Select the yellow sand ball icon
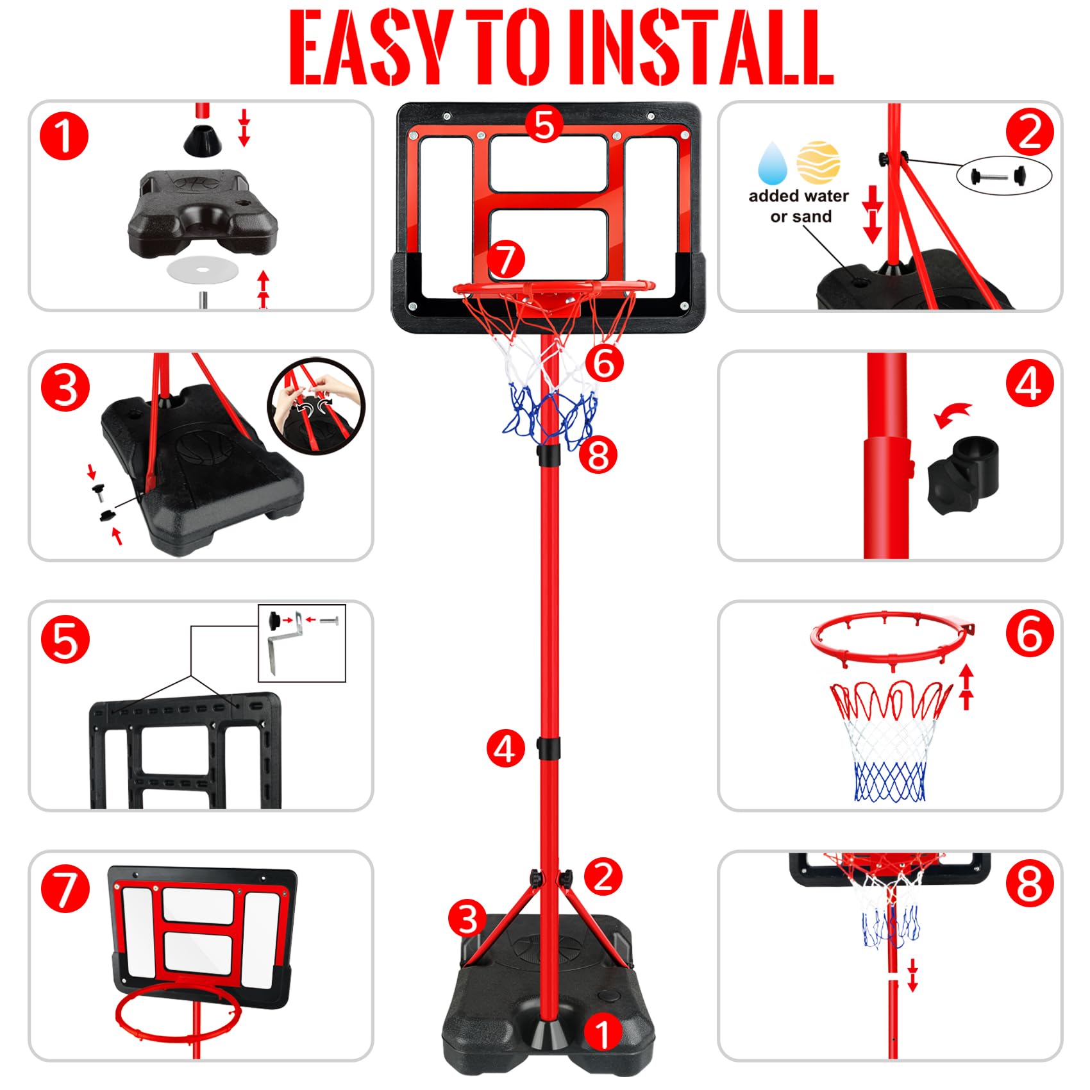818,162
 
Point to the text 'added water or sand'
799,206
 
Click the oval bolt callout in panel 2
1004,174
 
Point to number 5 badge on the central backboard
544,124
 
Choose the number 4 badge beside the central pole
505,749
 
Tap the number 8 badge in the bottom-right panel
1030,885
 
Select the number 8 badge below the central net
598,456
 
